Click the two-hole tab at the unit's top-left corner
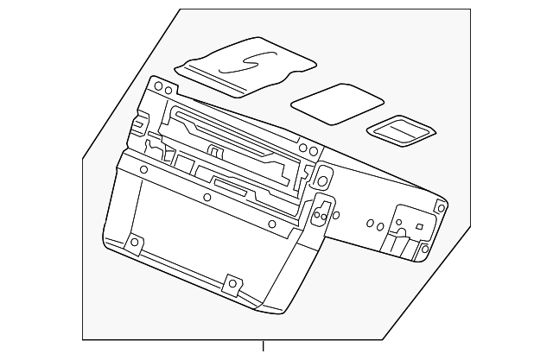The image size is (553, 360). coord(161,86)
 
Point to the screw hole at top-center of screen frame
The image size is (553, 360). coord(207,195)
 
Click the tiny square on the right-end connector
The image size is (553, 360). coord(419,226)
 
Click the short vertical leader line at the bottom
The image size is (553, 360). coord(264,349)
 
